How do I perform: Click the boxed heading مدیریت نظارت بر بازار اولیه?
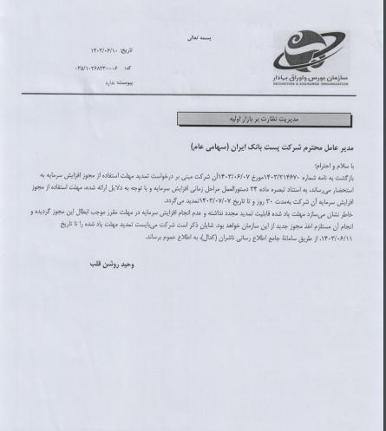coord(264,116)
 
